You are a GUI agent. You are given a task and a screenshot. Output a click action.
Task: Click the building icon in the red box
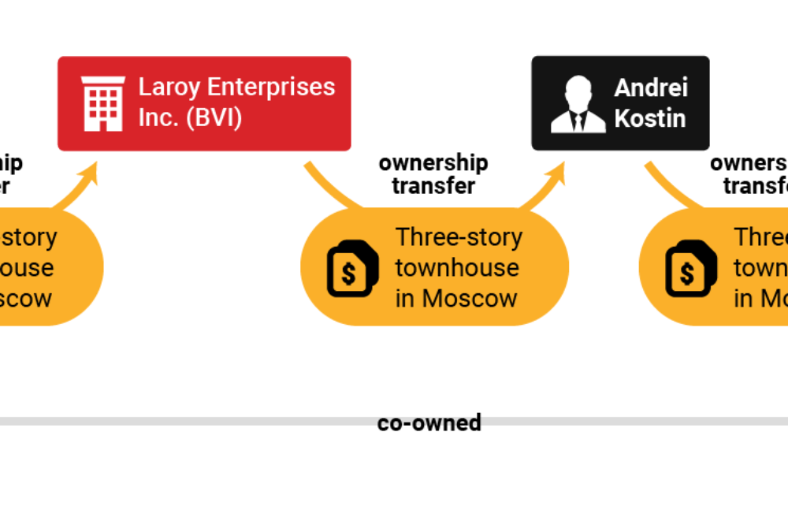pos(103,103)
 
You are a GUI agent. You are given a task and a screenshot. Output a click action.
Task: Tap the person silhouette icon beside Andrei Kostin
pos(578,103)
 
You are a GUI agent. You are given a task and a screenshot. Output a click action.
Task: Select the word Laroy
pos(168,87)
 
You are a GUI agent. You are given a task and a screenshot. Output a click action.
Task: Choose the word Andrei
pos(651,87)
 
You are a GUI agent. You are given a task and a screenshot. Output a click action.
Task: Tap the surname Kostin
pos(649,118)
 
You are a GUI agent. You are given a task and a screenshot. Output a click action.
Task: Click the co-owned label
pos(429,423)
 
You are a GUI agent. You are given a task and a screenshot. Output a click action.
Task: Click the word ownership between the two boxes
pos(433,163)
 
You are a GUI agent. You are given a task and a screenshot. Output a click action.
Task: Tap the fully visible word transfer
pos(433,186)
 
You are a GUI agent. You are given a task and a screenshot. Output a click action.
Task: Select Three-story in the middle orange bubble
pos(459,236)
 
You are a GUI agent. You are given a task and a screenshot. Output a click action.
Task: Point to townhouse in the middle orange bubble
pos(457,268)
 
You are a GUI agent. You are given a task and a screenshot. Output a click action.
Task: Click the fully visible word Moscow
pos(469,299)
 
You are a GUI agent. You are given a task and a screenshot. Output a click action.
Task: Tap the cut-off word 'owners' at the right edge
pos(749,163)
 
